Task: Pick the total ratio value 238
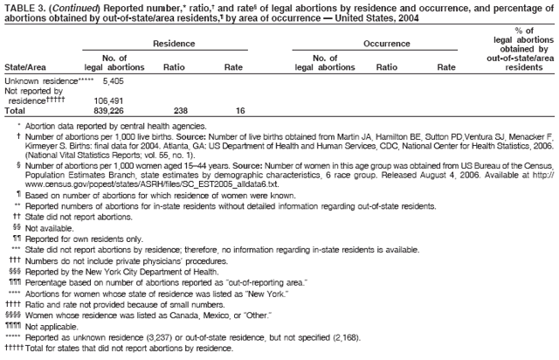tap(181, 111)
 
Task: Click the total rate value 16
tap(239, 111)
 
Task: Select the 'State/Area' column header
tap(26, 67)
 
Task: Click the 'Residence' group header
tap(173, 43)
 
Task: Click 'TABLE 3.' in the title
tap(24, 6)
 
